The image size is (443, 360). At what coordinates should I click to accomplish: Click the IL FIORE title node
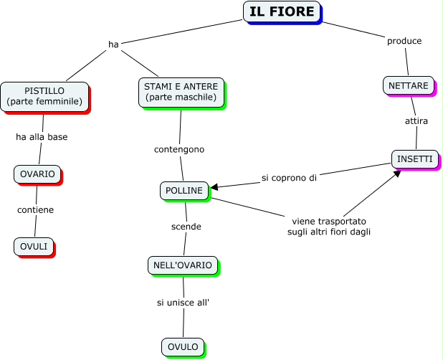click(x=282, y=11)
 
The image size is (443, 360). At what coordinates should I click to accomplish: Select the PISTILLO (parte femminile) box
click(x=44, y=96)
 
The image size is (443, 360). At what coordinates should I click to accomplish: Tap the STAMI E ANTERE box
click(x=180, y=92)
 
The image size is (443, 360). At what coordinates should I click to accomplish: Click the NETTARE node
click(x=409, y=85)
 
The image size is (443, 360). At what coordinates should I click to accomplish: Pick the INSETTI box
click(x=415, y=158)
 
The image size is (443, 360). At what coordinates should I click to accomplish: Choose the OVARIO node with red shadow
click(x=37, y=174)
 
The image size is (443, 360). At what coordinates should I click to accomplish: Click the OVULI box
click(x=34, y=246)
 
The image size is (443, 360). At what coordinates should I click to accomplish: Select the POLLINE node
click(x=184, y=190)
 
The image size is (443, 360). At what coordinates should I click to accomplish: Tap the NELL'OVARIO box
click(x=183, y=265)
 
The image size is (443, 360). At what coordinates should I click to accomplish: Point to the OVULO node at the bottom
click(x=183, y=347)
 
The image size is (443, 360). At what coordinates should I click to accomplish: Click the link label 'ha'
click(x=113, y=44)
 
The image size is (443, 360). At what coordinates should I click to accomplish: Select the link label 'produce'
click(x=404, y=41)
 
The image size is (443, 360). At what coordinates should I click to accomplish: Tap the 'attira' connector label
click(x=416, y=121)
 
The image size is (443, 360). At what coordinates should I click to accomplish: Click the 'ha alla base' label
click(x=42, y=137)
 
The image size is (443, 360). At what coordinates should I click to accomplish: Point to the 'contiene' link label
click(x=36, y=210)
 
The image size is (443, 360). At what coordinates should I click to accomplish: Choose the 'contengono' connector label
click(x=179, y=149)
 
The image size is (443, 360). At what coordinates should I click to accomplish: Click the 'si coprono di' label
click(x=289, y=177)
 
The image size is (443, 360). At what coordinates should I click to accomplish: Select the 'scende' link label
click(x=186, y=227)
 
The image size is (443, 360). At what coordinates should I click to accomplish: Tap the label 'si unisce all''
click(x=183, y=303)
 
